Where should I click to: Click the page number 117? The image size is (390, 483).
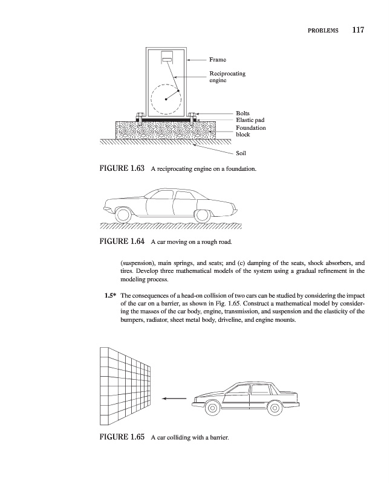tap(354, 30)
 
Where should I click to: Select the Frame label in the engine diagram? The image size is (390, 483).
tap(218, 60)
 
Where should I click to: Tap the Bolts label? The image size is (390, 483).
tap(242, 114)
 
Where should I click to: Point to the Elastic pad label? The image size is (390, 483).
tap(250, 121)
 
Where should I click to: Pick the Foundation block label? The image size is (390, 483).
tap(250, 131)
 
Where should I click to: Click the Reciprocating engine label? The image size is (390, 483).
tap(227, 77)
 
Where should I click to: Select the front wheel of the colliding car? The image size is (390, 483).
tap(212, 408)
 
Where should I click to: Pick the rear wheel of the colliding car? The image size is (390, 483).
tap(275, 408)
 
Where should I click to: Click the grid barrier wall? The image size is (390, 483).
tap(124, 386)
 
